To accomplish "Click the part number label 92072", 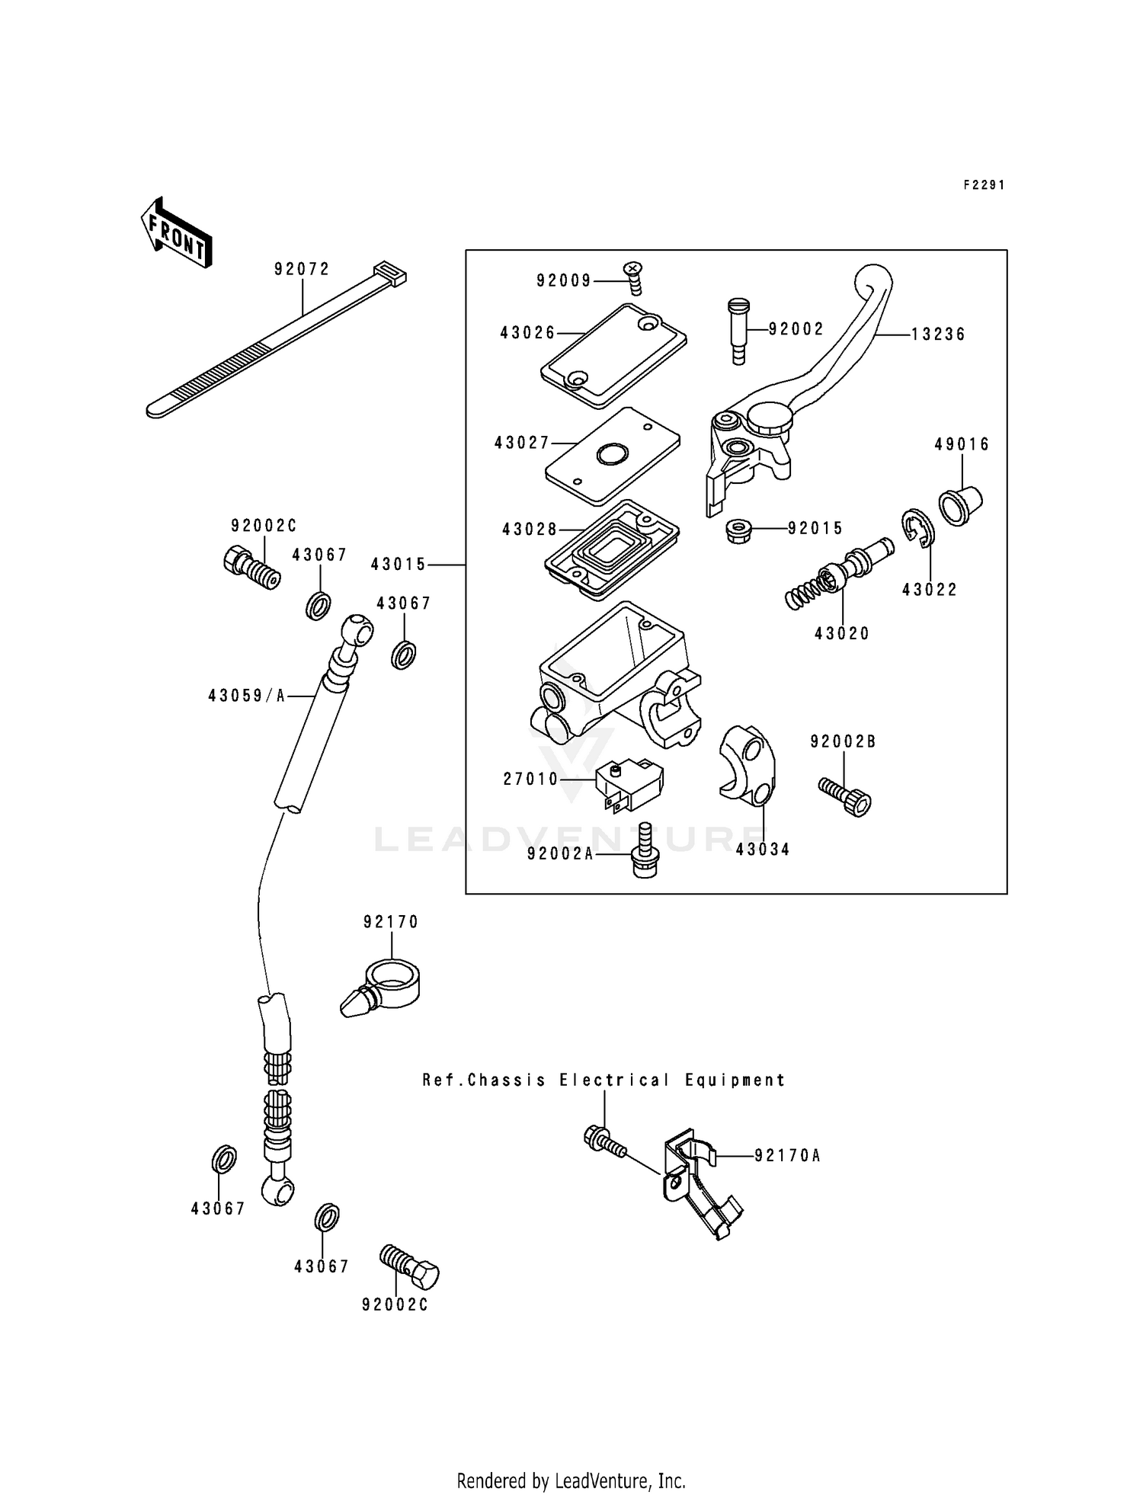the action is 302,269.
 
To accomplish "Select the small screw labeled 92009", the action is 634,278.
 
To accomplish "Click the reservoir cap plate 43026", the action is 613,356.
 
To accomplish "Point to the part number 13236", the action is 938,335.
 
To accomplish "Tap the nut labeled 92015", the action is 738,529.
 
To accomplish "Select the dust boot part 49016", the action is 960,504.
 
